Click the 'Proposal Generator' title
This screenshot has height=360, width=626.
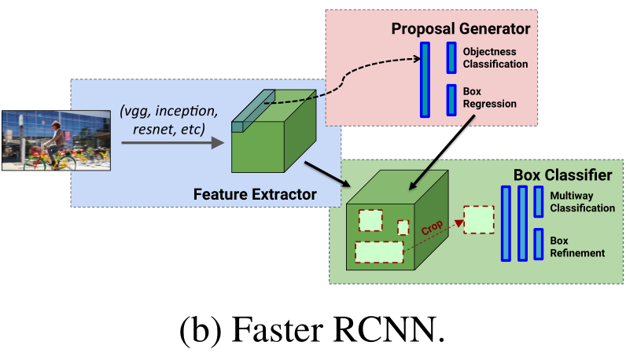[461, 29]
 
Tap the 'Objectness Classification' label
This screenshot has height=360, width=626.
[495, 57]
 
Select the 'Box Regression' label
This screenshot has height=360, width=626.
[489, 97]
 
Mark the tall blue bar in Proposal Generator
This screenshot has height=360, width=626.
[425, 79]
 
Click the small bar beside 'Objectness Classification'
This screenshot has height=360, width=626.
[451, 57]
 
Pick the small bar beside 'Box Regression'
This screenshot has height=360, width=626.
[451, 98]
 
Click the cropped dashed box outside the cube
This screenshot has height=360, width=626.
[478, 220]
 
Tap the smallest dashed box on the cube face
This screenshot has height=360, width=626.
[403, 227]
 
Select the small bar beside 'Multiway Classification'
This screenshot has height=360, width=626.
[539, 201]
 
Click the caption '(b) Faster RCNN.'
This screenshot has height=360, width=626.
[312, 330]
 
